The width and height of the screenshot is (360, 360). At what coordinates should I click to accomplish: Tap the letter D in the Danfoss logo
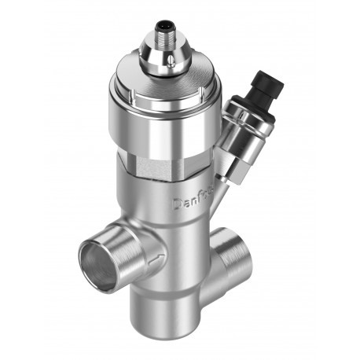pos(178,204)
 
